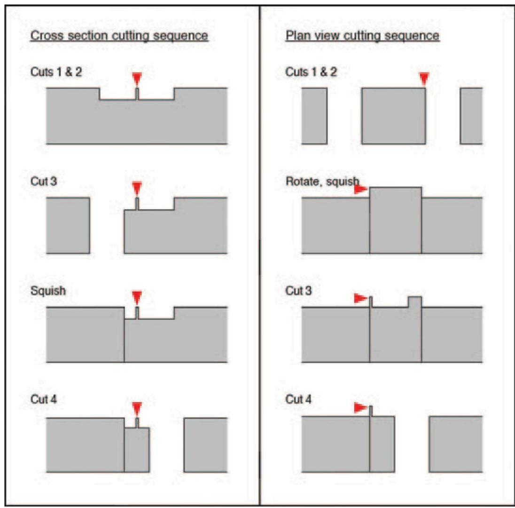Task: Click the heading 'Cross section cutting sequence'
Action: (x=119, y=36)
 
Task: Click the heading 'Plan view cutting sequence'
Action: (x=362, y=36)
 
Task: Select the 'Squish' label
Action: (x=48, y=291)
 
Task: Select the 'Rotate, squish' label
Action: (x=322, y=181)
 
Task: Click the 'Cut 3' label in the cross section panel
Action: (x=44, y=181)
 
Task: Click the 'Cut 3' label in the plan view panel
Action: (x=298, y=291)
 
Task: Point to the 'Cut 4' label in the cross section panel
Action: (x=44, y=399)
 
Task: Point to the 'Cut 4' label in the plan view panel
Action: (x=298, y=399)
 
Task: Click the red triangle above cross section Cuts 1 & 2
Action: (x=137, y=78)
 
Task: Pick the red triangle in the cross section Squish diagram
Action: (x=137, y=297)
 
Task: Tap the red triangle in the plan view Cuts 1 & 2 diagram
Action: (x=424, y=79)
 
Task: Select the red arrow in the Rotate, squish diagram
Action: (x=360, y=189)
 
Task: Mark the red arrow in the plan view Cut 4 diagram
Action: (x=360, y=408)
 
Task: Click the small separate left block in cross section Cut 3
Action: (x=68, y=225)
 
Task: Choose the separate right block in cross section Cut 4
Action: (x=205, y=444)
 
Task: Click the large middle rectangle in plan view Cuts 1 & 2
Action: (x=393, y=116)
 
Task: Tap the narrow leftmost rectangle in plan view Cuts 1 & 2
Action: (x=314, y=116)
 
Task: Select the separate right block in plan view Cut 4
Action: (x=455, y=444)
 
